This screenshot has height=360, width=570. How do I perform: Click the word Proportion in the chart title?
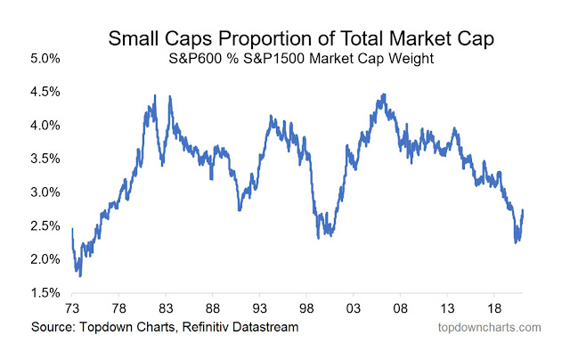click(254, 39)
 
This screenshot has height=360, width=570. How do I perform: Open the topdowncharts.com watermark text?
click(491, 328)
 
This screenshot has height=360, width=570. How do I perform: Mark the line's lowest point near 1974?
click(80, 275)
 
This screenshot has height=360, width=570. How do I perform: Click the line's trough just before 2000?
click(318, 237)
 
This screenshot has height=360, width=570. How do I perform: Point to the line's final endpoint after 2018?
click(523, 211)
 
